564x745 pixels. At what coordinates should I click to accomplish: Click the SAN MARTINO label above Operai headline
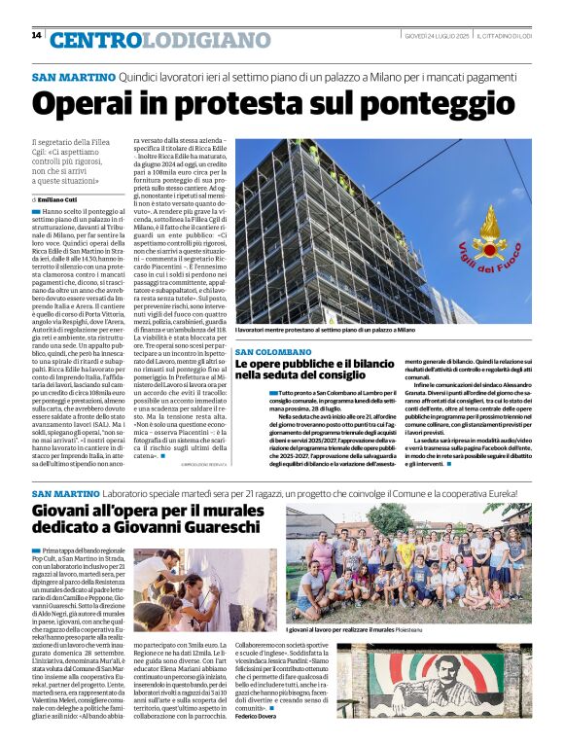coord(73,76)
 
